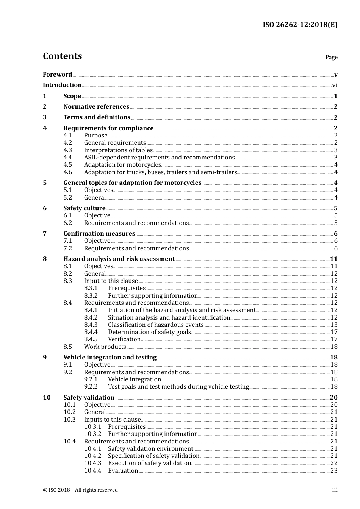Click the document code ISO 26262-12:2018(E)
tap(300, 25)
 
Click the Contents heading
tap(62, 56)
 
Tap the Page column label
tap(331, 57)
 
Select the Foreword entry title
tap(57, 74)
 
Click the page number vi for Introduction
tap(335, 85)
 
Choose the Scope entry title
tap(72, 96)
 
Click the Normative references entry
tap(96, 107)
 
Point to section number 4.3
tap(67, 150)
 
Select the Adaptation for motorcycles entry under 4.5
tap(122, 165)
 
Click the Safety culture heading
tap(85, 208)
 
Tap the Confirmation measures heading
tap(99, 233)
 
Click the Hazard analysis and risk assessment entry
tap(119, 259)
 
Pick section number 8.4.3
tap(91, 325)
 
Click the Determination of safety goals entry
tap(149, 332)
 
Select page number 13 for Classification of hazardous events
tap(334, 325)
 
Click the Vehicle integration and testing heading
tap(110, 357)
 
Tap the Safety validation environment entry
tap(150, 448)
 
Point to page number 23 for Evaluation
tap(334, 470)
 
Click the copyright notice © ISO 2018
tap(80, 490)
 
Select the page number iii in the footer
tap(335, 490)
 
